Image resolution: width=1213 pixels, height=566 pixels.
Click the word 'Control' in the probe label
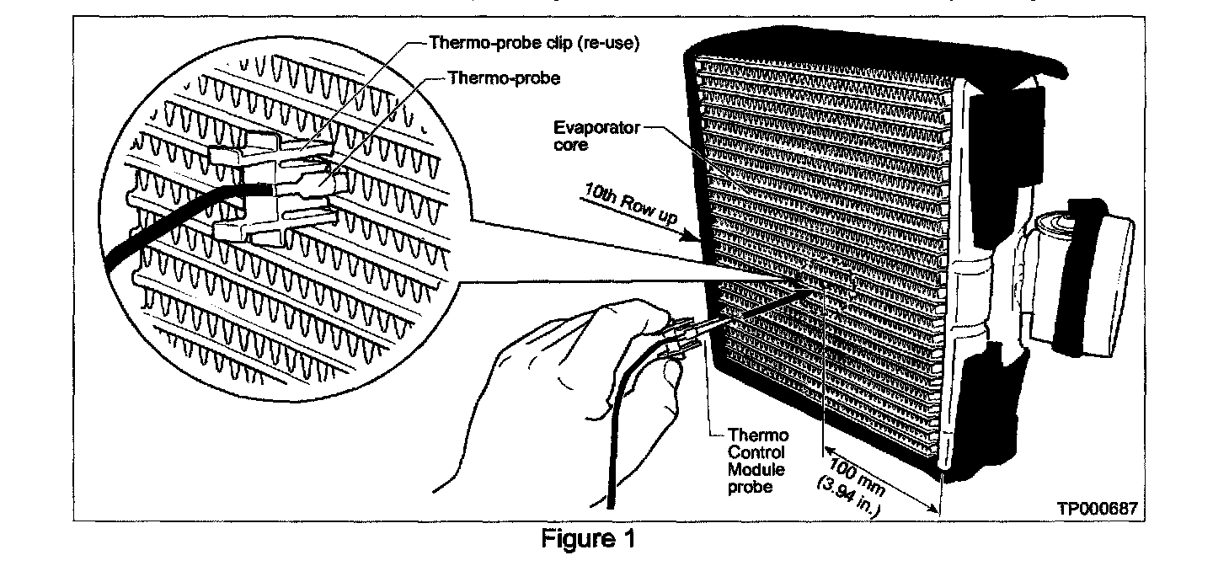pyautogui.click(x=758, y=452)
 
